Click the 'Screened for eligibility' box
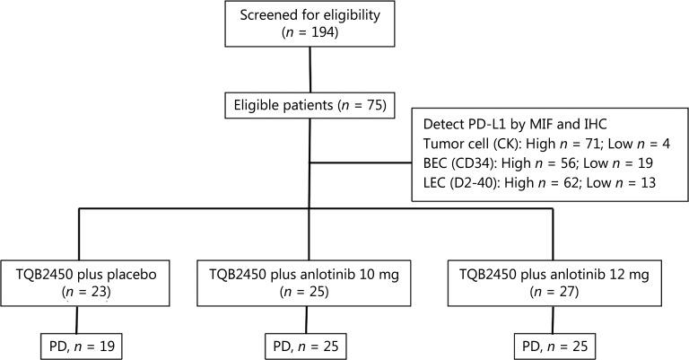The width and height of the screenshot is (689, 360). coord(310,23)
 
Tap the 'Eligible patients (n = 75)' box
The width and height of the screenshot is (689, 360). coord(310,107)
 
